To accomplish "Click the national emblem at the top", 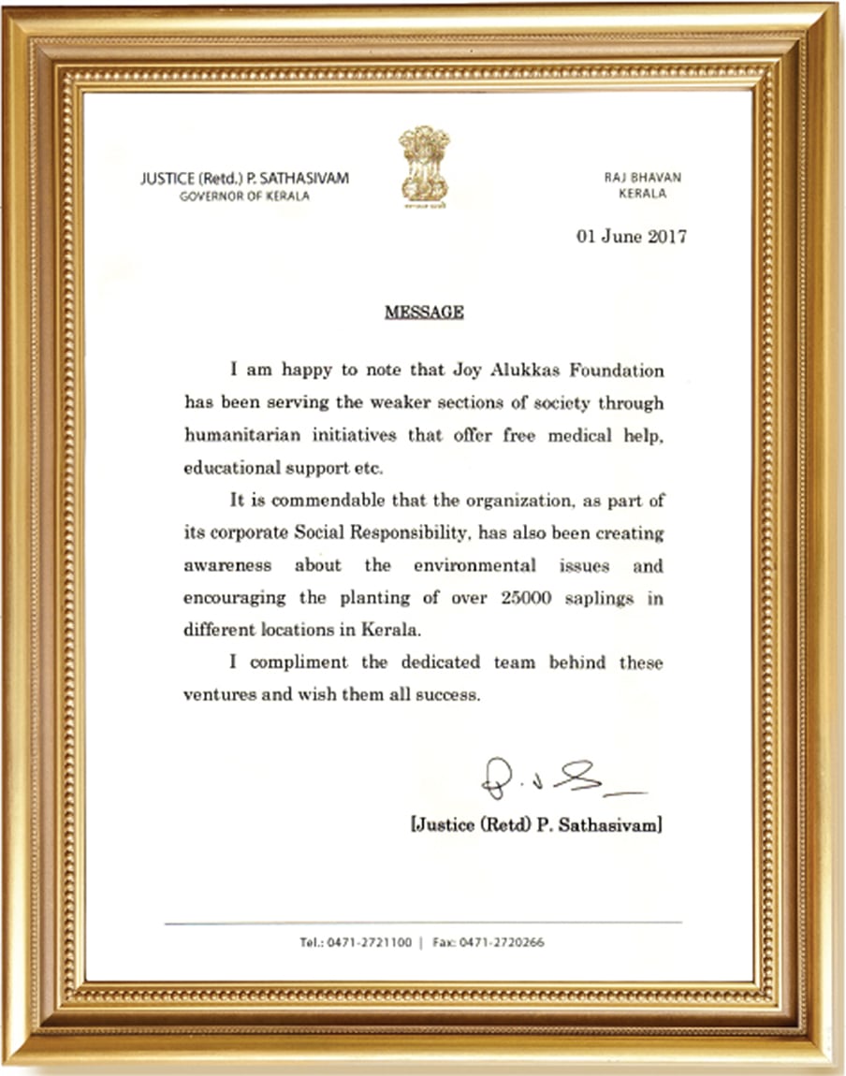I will tap(424, 166).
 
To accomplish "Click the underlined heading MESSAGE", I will tap(424, 313).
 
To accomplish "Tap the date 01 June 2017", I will tap(631, 237).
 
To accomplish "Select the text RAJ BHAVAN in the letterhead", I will tap(641, 178).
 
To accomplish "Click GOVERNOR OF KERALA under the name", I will tap(244, 196).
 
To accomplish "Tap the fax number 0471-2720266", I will tap(502, 942).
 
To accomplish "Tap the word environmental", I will tap(474, 566).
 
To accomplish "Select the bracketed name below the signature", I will tap(536, 825).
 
